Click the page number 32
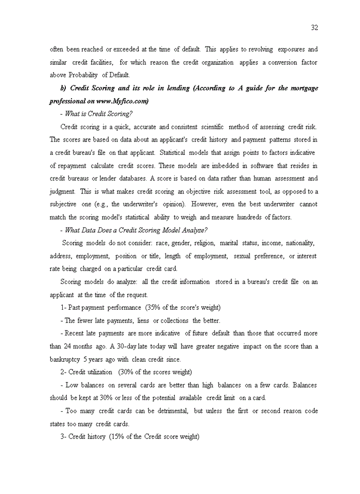click(x=314, y=27)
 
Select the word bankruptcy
click(x=65, y=359)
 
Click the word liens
click(x=142, y=321)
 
